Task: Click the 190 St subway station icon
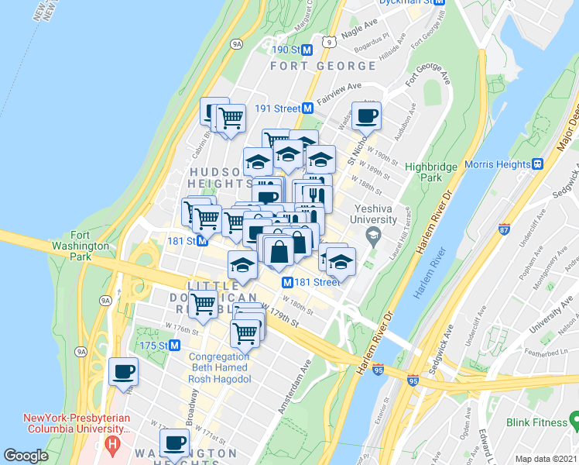coord(307,50)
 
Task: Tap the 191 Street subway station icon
coord(307,108)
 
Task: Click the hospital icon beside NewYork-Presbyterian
coord(113,445)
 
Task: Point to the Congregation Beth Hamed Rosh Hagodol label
coord(220,367)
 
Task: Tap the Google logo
coord(26,456)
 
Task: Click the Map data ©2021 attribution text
coord(545,459)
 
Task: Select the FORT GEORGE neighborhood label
coord(324,67)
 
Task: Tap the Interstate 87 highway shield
coord(504,229)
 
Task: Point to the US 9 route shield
coord(329,41)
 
